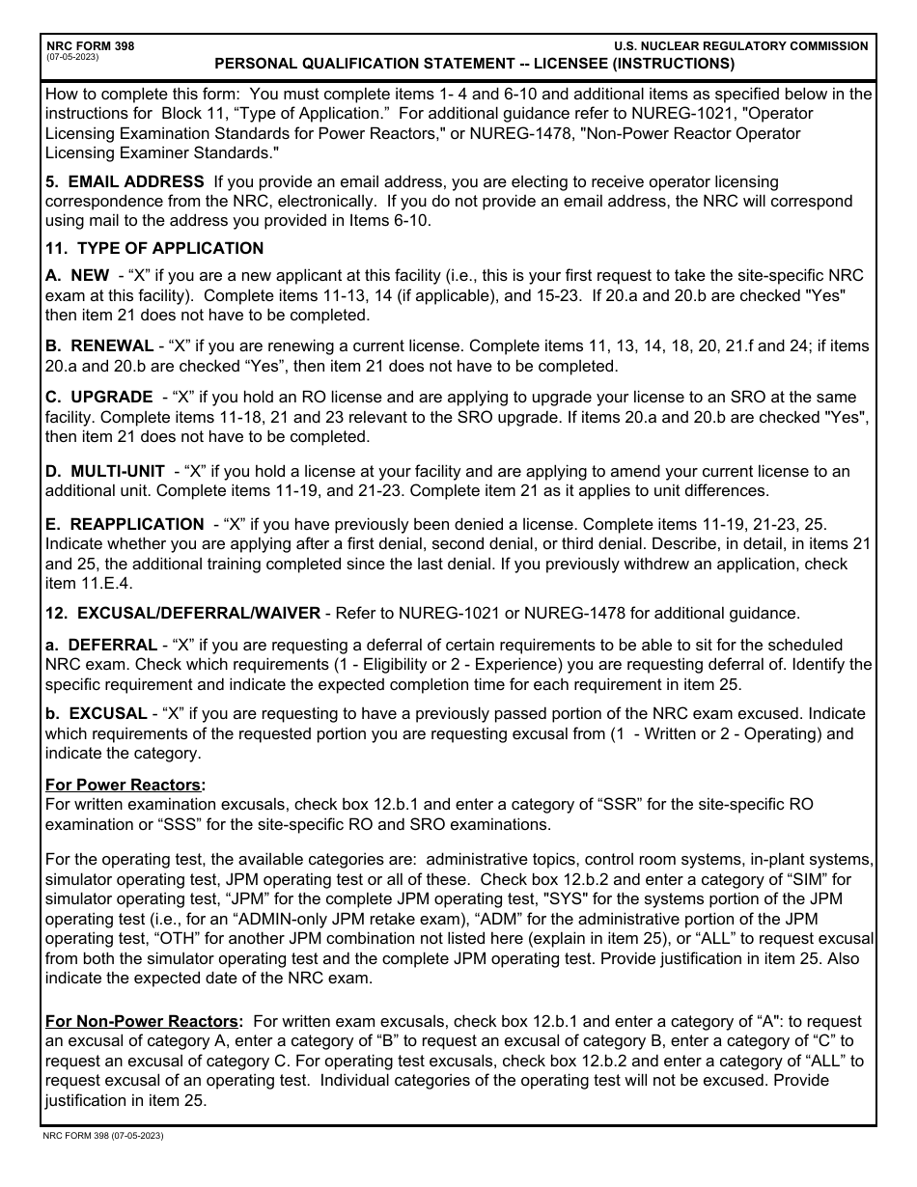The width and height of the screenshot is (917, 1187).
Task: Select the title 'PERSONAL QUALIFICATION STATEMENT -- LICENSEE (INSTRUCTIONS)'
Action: [x=474, y=65]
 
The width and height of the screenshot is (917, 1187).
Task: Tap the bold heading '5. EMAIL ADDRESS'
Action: [x=125, y=181]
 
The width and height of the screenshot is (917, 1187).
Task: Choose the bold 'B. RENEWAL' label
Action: [x=99, y=345]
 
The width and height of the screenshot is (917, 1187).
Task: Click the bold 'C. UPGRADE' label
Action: [x=98, y=398]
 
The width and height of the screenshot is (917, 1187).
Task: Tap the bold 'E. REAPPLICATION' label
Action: [x=125, y=524]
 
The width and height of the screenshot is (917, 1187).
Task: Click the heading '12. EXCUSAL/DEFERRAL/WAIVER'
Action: [x=183, y=613]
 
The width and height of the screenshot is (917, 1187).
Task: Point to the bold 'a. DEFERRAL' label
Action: [x=100, y=645]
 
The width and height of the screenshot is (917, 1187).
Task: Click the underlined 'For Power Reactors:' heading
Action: [x=125, y=785]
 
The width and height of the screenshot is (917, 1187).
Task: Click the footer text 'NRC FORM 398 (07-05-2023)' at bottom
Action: [x=103, y=1136]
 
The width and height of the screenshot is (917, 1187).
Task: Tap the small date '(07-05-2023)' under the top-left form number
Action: [x=71, y=57]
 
